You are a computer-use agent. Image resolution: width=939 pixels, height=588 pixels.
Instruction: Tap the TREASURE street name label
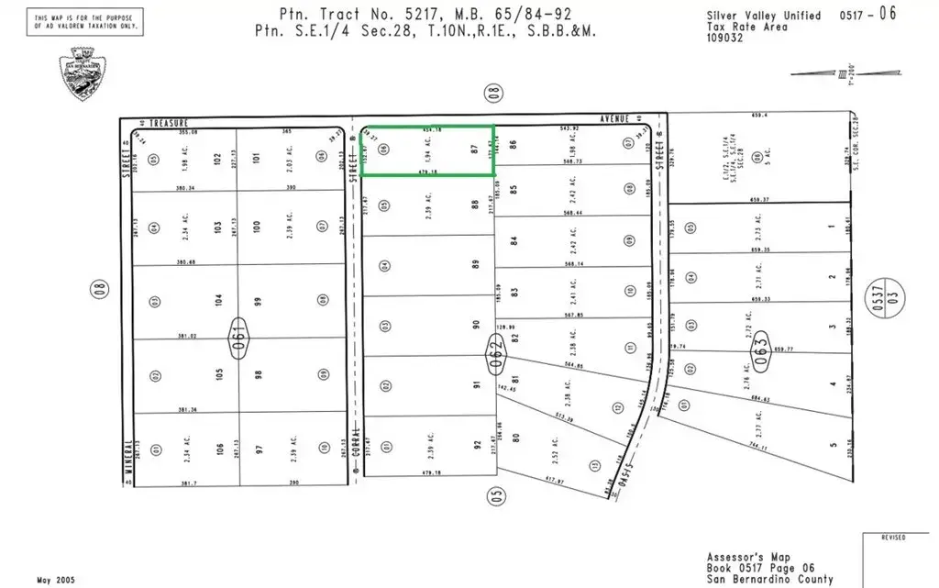[171, 122]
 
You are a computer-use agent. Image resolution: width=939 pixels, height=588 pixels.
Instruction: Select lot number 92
[477, 445]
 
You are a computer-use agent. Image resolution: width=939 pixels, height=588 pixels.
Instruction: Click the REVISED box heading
[893, 538]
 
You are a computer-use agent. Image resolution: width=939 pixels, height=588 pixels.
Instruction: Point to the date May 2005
[55, 580]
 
